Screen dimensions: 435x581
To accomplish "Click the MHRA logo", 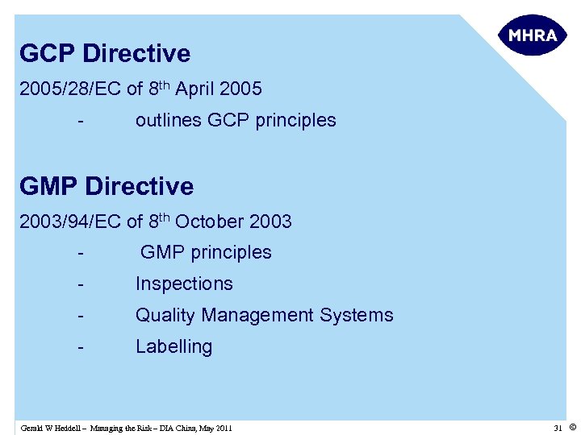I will pos(533,35).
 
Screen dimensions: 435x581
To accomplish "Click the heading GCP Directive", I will pos(105,54).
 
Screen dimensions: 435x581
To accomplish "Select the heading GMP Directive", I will pos(107,187).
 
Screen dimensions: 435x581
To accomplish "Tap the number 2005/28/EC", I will pos(70,89).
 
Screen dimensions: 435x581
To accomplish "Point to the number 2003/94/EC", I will pos(70,222).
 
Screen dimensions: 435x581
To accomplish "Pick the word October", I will pos(210,222).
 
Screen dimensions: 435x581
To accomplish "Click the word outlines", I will pos(169,121).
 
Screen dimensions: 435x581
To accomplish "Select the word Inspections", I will pos(184,284).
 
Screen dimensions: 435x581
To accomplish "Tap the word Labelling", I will pos(173,347).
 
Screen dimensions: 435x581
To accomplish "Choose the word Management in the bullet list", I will pos(258,315).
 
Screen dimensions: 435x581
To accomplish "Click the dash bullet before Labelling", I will pos(81,347).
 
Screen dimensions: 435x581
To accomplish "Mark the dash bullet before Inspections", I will pos(81,284).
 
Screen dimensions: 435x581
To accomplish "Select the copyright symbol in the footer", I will pos(572,427).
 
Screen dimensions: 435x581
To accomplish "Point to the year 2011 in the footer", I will pos(224,428).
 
